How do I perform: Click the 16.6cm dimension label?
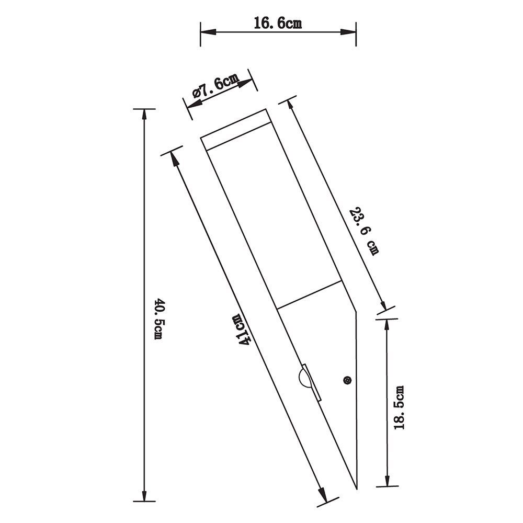click(278, 24)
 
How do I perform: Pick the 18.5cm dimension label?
click(399, 407)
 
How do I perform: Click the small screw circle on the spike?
click(348, 380)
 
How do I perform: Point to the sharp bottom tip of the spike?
click(357, 489)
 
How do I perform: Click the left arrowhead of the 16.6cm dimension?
click(208, 32)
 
